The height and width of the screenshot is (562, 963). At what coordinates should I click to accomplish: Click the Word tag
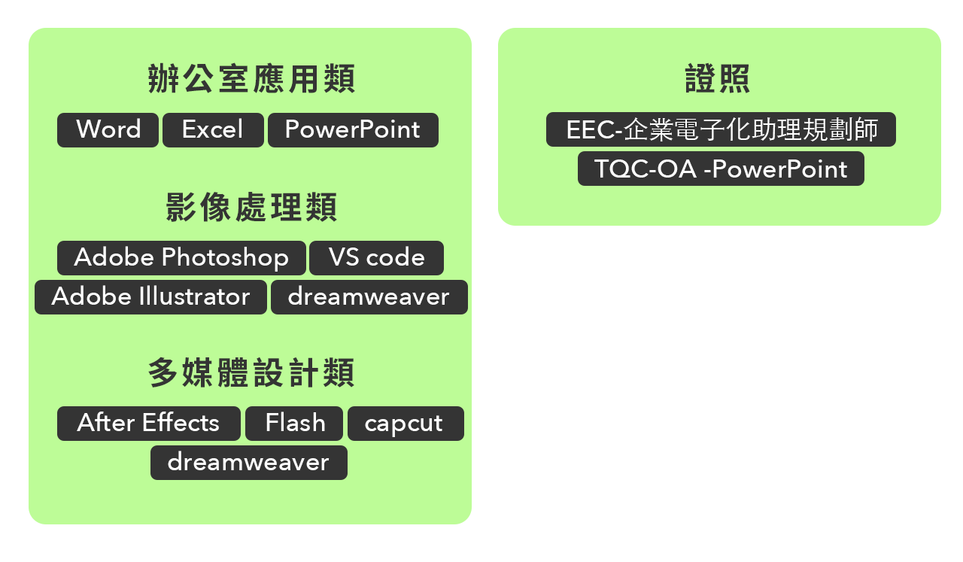click(108, 130)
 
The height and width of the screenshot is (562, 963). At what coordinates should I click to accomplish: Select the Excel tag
click(213, 130)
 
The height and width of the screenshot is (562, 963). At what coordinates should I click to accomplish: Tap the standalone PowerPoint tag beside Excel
click(353, 130)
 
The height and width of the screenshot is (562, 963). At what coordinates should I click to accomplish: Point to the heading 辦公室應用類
click(251, 79)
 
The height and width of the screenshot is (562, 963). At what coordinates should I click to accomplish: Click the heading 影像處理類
click(251, 208)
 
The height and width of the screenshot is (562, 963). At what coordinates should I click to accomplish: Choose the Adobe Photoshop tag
click(181, 258)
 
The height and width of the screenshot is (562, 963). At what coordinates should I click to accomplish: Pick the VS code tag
click(376, 258)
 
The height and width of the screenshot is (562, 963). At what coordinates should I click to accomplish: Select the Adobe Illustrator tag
click(150, 297)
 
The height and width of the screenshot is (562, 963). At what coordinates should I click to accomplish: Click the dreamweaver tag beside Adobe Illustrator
click(369, 297)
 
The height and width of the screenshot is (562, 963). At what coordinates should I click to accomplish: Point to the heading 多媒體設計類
click(251, 373)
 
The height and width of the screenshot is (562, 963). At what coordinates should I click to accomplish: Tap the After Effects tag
click(148, 424)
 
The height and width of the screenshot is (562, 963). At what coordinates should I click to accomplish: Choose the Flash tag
click(294, 424)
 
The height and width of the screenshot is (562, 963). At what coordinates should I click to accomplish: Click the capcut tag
click(405, 424)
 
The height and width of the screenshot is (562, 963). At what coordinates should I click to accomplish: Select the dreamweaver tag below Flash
click(248, 463)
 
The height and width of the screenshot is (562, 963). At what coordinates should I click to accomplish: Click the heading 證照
click(718, 79)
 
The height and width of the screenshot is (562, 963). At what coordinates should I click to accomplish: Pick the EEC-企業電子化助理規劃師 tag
click(721, 129)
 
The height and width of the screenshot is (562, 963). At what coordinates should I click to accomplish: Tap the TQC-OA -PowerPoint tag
click(721, 169)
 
